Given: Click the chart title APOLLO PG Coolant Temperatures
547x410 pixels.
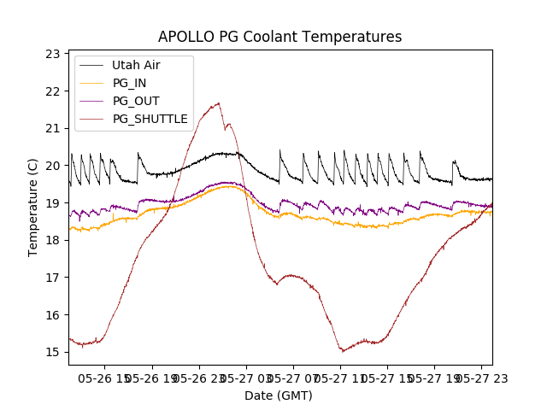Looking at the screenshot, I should tap(279, 37).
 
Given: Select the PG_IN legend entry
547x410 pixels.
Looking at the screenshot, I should tap(129, 83).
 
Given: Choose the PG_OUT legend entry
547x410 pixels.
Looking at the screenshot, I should tap(135, 101).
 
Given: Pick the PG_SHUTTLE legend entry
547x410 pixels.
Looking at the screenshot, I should tap(150, 119).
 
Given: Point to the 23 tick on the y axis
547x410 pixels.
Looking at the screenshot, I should tap(54, 54).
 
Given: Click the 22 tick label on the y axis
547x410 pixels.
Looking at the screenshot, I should tap(54, 91).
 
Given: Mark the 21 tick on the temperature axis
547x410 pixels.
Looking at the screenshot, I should tap(54, 128).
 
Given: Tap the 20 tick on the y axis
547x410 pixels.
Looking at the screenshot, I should tap(54, 166).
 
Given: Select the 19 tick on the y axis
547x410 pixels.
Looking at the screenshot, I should tap(54, 203).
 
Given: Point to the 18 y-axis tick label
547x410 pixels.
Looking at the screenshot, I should tap(54, 240).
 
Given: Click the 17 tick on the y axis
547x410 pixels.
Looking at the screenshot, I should tap(54, 278).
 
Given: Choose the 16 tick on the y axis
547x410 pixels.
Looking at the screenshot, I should tap(54, 314).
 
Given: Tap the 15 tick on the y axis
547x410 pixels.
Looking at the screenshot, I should tap(54, 352).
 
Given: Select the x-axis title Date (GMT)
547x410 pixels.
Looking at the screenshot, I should tap(279, 395).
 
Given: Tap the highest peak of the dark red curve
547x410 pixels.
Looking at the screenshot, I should tap(219, 103).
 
